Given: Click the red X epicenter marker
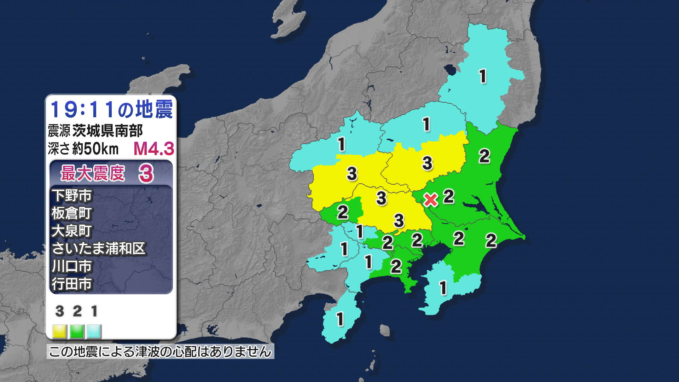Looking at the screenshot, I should tap(431, 200).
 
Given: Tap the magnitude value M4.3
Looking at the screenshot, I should tap(154, 149).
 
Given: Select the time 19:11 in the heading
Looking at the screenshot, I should tap(83, 109).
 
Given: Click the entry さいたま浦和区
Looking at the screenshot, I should tap(99, 249).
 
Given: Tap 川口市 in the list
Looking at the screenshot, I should tap(72, 266).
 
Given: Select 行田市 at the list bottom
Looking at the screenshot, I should tap(72, 284).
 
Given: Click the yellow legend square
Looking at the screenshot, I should tap(59, 331).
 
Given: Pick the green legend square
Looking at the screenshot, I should tap(77, 331).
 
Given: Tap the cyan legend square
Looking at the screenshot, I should tap(94, 331).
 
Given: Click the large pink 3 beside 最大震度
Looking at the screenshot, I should tap(146, 174).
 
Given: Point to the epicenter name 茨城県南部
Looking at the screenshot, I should tap(108, 131).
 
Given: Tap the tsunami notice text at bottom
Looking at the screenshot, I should tap(160, 352).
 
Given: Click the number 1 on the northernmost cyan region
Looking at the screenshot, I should tap(483, 76).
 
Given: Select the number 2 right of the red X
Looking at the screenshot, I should tap(448, 197).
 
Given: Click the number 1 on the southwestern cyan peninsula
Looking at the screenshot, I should tap(340, 319).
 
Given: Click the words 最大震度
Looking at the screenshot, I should tap(93, 173).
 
